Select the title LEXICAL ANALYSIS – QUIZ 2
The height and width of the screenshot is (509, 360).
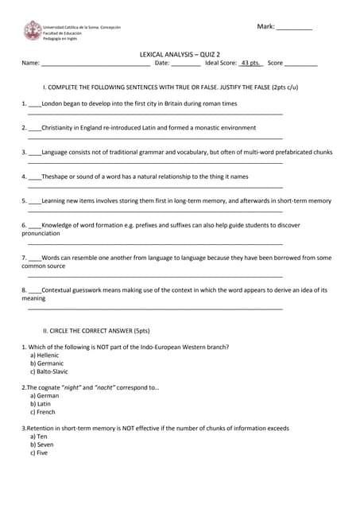[180, 54]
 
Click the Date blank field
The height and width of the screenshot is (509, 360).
[186, 64]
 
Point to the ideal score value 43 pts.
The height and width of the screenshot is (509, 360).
[251, 63]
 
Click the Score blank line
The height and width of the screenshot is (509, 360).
[301, 64]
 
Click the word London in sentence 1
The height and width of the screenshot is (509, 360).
[52, 103]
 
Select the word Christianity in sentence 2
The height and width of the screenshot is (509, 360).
[62, 127]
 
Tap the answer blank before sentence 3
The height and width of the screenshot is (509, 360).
[35, 153]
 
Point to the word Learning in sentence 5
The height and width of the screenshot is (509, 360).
[56, 201]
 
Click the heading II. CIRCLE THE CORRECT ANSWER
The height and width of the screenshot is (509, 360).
[96, 330]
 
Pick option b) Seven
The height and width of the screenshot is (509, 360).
[43, 445]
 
